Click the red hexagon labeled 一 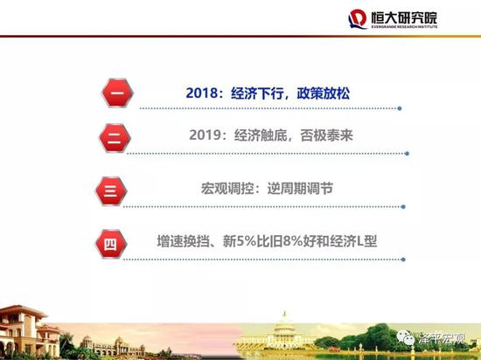(117, 93)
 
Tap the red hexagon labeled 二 (115, 138)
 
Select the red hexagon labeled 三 (111, 191)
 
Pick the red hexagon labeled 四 (111, 244)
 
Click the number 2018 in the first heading (202, 93)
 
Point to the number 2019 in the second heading (206, 135)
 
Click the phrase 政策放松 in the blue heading (324, 93)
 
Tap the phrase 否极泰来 (327, 135)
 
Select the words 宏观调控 (227, 189)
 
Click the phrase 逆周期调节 (300, 189)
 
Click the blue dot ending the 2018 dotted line (400, 108)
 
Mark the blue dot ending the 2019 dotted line (407, 154)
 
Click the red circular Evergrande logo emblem (358, 18)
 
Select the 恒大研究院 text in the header (404, 17)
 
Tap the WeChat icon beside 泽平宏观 (405, 337)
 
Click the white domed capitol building (283, 332)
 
